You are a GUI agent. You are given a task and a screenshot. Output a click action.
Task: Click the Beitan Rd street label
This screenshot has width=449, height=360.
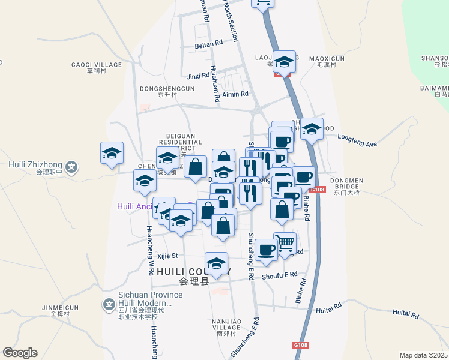pos(208,44)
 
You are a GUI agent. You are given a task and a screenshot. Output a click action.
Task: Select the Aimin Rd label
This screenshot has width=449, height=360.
pos(235,94)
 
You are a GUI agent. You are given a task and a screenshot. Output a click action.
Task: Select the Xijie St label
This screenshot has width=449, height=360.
pos(167,256)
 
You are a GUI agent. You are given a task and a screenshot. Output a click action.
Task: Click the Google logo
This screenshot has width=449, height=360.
pos(20,353)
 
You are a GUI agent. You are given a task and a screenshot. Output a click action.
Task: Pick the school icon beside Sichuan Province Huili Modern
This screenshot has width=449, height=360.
pos(109,305)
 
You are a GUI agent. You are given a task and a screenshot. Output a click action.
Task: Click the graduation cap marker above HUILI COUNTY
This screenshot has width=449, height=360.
pos(217,263)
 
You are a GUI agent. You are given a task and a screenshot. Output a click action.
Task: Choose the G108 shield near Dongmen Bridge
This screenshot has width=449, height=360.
pos(319,190)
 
